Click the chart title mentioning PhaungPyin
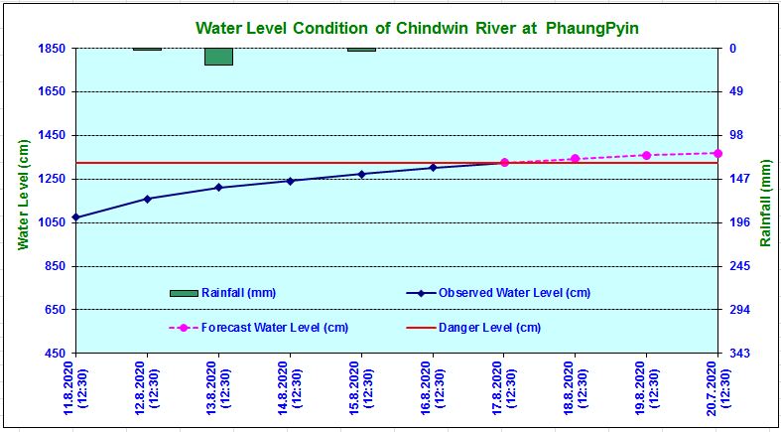click(x=417, y=28)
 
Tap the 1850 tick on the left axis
click(x=52, y=48)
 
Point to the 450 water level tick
click(x=56, y=354)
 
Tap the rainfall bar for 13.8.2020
click(x=218, y=57)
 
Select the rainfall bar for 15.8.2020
click(x=361, y=50)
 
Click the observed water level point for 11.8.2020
click(x=76, y=217)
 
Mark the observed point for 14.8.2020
click(x=290, y=181)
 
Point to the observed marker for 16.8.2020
click(x=433, y=167)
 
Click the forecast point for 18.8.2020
click(x=575, y=159)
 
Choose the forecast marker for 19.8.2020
click(x=646, y=155)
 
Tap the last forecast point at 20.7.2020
click(x=717, y=153)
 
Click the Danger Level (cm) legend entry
click(x=489, y=328)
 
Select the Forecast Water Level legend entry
click(x=274, y=328)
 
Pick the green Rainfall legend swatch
click(x=185, y=293)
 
